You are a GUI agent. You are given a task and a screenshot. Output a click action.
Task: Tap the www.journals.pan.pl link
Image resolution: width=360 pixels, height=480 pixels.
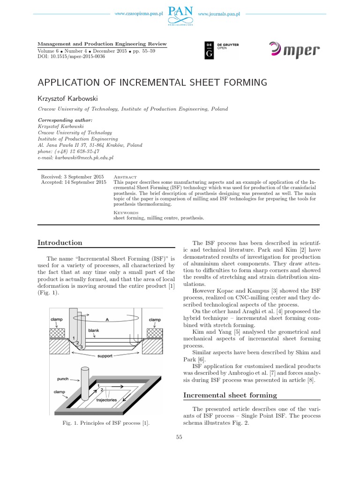219,15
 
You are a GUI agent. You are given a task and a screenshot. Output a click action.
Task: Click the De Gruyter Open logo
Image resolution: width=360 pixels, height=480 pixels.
222,50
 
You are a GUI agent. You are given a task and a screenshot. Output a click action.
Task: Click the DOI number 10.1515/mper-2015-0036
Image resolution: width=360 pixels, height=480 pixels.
78,56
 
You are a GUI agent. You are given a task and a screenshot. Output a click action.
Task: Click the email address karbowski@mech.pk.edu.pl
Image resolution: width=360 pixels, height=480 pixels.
68,158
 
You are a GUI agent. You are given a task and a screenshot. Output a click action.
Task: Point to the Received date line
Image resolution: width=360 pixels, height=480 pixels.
72,176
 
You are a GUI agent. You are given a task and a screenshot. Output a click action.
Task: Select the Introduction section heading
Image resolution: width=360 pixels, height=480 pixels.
60,242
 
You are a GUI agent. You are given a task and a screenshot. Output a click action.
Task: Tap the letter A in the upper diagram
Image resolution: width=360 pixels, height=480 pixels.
106,320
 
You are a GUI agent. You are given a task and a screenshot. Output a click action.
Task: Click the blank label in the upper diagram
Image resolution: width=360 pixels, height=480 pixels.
94,330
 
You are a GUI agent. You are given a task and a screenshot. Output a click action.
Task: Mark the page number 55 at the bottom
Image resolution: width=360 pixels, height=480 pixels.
179,437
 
